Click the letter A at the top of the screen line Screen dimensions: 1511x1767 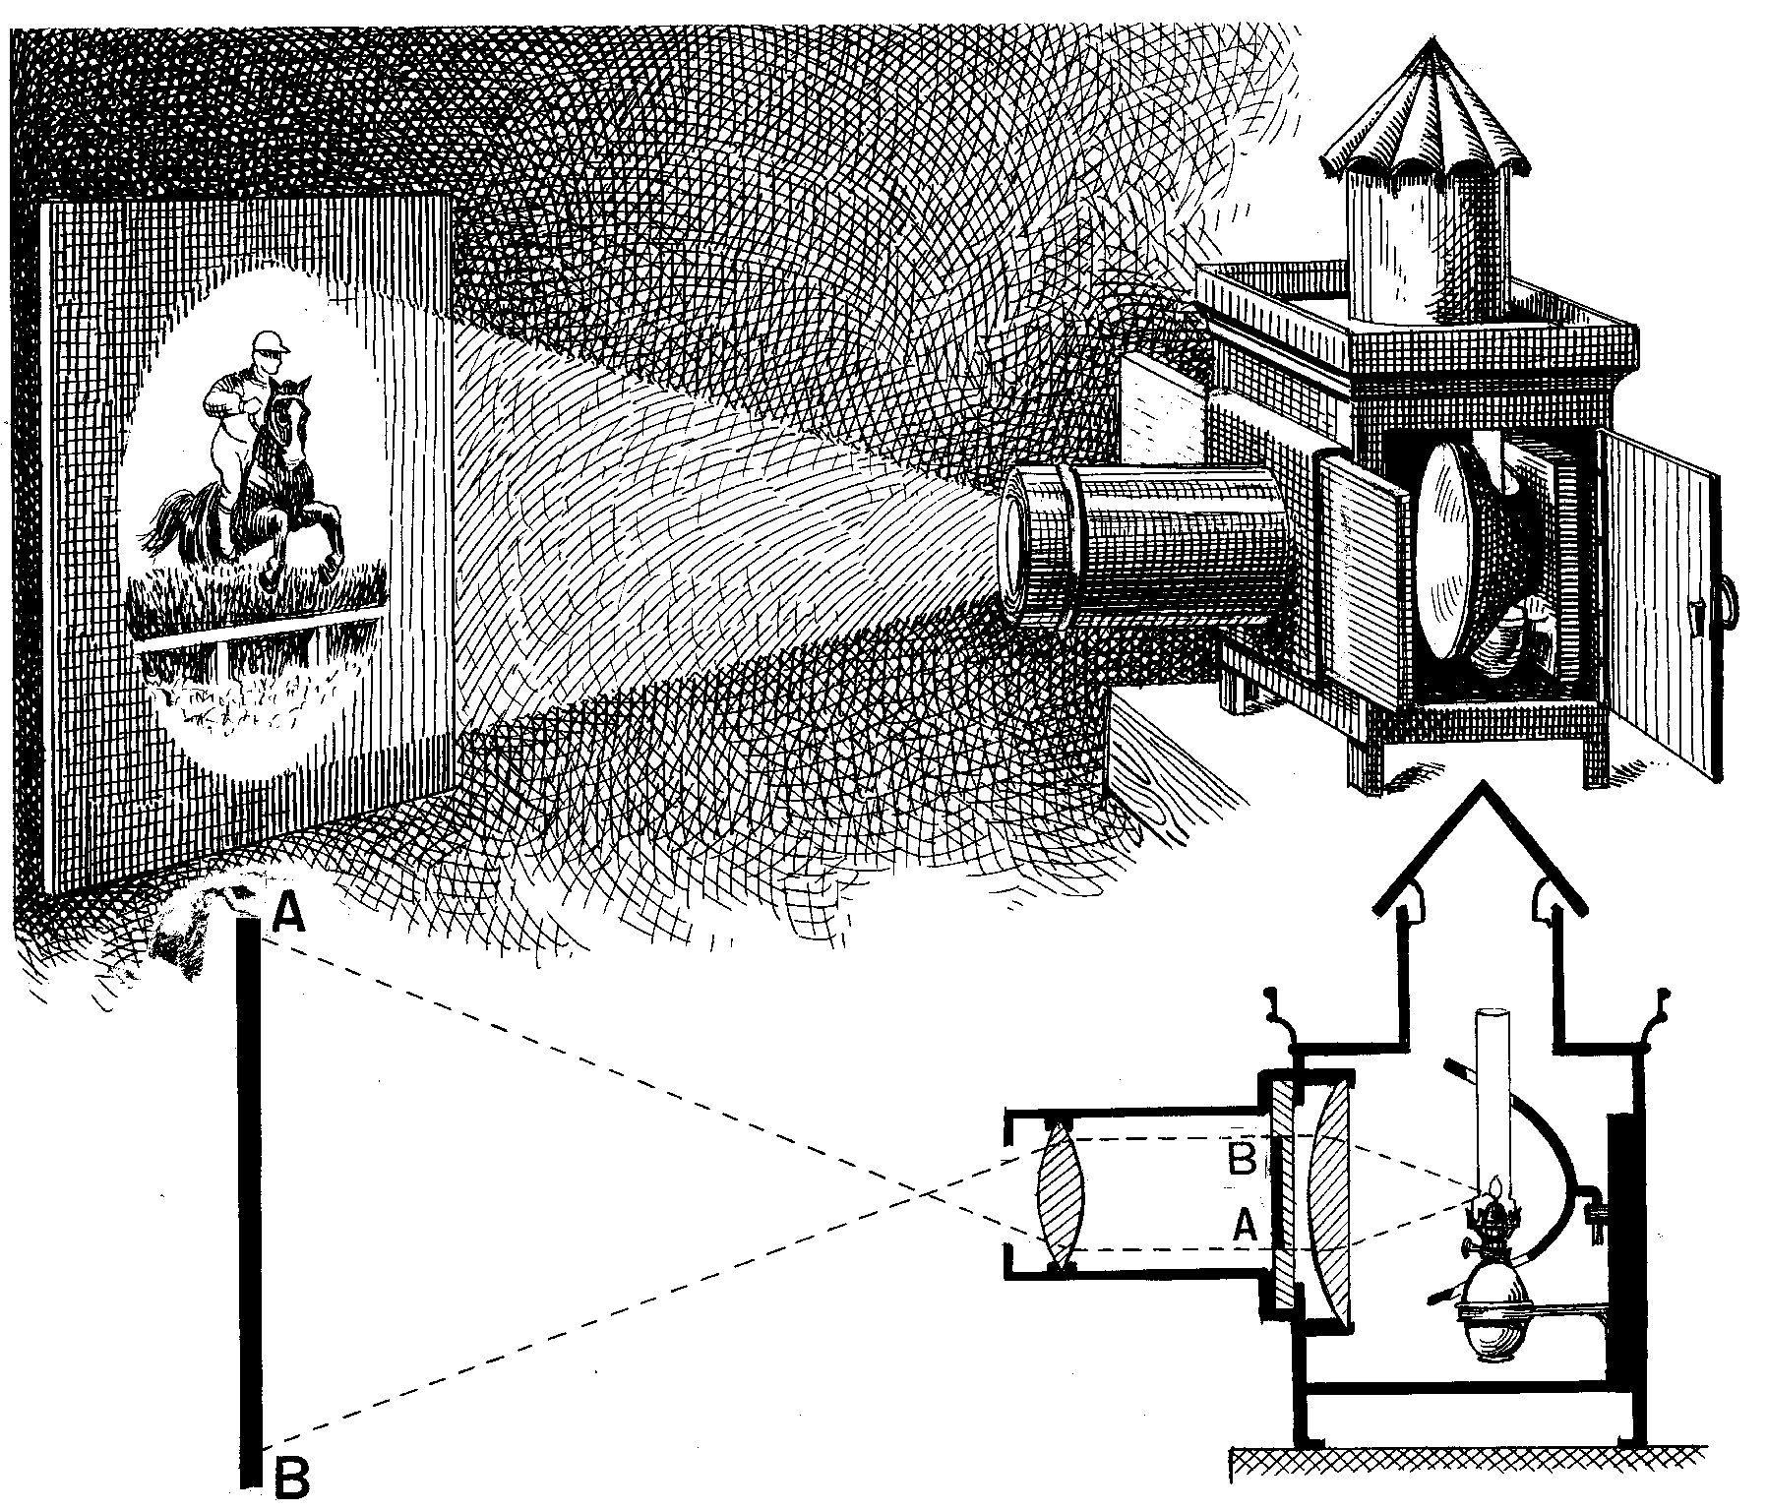point(287,914)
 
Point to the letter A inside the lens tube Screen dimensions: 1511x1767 point(1243,1225)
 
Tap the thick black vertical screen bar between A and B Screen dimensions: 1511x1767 point(252,1200)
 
